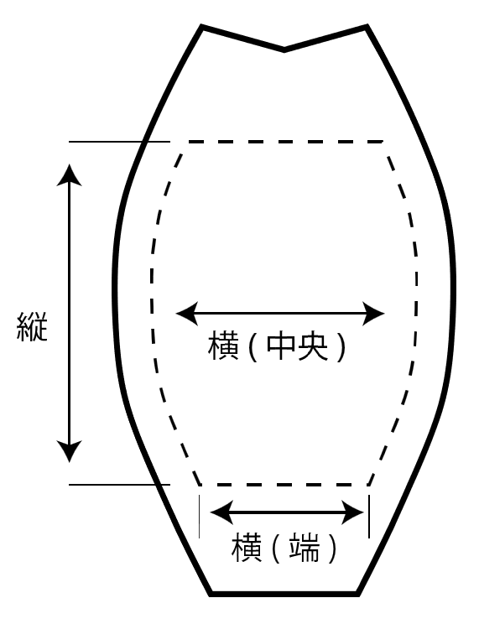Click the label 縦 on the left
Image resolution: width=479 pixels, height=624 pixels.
pos(32,326)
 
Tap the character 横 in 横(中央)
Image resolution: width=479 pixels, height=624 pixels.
pos(223,346)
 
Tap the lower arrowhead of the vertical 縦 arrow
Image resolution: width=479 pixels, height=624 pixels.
pos(70,451)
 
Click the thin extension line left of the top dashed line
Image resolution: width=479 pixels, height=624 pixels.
pos(105,142)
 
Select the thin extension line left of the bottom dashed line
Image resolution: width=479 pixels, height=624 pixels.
pos(117,485)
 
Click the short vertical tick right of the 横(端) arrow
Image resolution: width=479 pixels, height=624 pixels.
pos(368,513)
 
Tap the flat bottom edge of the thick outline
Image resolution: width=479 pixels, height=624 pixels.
pos(284,594)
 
